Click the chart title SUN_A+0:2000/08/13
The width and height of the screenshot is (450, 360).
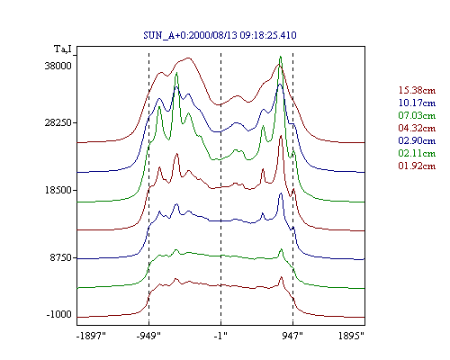point(220,35)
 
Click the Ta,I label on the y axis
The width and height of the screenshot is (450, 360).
point(63,49)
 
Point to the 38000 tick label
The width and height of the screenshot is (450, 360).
point(58,66)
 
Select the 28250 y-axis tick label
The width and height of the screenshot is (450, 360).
point(58,122)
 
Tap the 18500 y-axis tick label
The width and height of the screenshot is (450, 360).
point(58,190)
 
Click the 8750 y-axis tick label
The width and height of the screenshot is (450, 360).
point(61,257)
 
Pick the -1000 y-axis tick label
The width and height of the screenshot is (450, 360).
point(59,314)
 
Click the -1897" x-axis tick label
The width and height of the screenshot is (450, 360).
point(92,336)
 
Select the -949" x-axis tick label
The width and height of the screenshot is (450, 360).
point(148,336)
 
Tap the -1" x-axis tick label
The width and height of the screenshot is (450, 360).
point(220,336)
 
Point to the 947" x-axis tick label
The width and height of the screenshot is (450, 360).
point(292,336)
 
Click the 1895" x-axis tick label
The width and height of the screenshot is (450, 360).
point(351,336)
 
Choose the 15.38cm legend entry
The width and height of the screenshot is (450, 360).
point(417,90)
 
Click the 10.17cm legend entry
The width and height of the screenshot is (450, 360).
point(417,103)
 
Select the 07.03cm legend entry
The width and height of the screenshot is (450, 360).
point(417,115)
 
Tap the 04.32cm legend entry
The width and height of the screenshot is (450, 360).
point(417,128)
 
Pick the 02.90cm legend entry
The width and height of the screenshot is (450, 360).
point(417,140)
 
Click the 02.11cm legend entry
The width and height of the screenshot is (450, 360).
point(417,153)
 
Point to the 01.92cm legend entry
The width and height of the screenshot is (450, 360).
point(417,166)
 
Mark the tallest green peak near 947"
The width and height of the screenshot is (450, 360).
point(281,57)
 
